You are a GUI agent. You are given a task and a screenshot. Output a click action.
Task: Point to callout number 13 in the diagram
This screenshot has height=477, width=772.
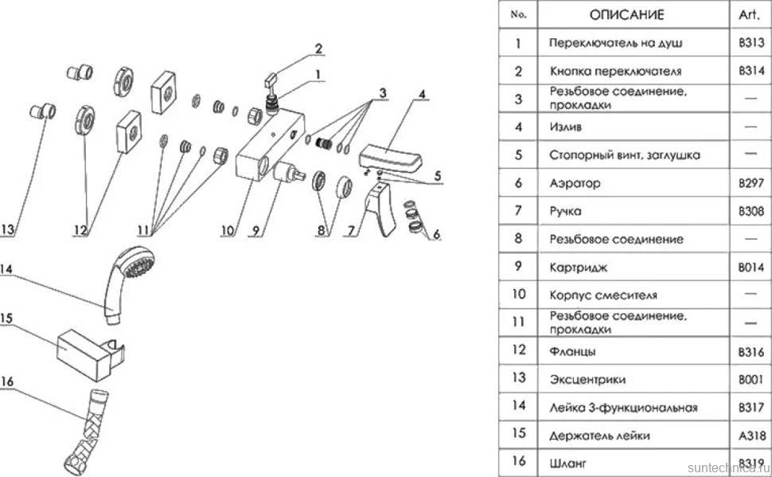(x=8, y=229)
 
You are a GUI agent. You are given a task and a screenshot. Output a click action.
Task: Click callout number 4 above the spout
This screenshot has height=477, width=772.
(x=422, y=94)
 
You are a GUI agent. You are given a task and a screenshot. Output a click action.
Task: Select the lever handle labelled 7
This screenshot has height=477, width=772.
(x=381, y=211)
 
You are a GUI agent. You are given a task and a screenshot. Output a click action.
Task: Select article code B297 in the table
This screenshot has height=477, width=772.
(x=751, y=183)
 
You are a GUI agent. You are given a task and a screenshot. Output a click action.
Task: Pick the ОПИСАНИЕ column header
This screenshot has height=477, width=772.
(x=627, y=15)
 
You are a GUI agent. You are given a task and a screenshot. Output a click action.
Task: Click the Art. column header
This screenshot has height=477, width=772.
(x=748, y=15)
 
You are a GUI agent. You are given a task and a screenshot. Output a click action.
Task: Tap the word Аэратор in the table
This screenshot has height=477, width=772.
(x=575, y=183)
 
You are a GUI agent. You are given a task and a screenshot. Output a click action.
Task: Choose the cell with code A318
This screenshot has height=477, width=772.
(x=752, y=436)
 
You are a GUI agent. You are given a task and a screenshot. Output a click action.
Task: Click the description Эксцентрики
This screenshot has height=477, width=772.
(x=587, y=380)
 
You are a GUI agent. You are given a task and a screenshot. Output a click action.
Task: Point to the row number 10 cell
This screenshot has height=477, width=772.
(x=518, y=294)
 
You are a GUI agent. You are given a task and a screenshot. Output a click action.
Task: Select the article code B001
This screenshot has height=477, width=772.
(x=751, y=379)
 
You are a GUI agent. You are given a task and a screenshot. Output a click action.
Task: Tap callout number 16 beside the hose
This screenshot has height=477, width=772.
(x=7, y=381)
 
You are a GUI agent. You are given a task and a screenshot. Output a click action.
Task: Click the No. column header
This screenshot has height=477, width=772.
(x=518, y=15)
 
